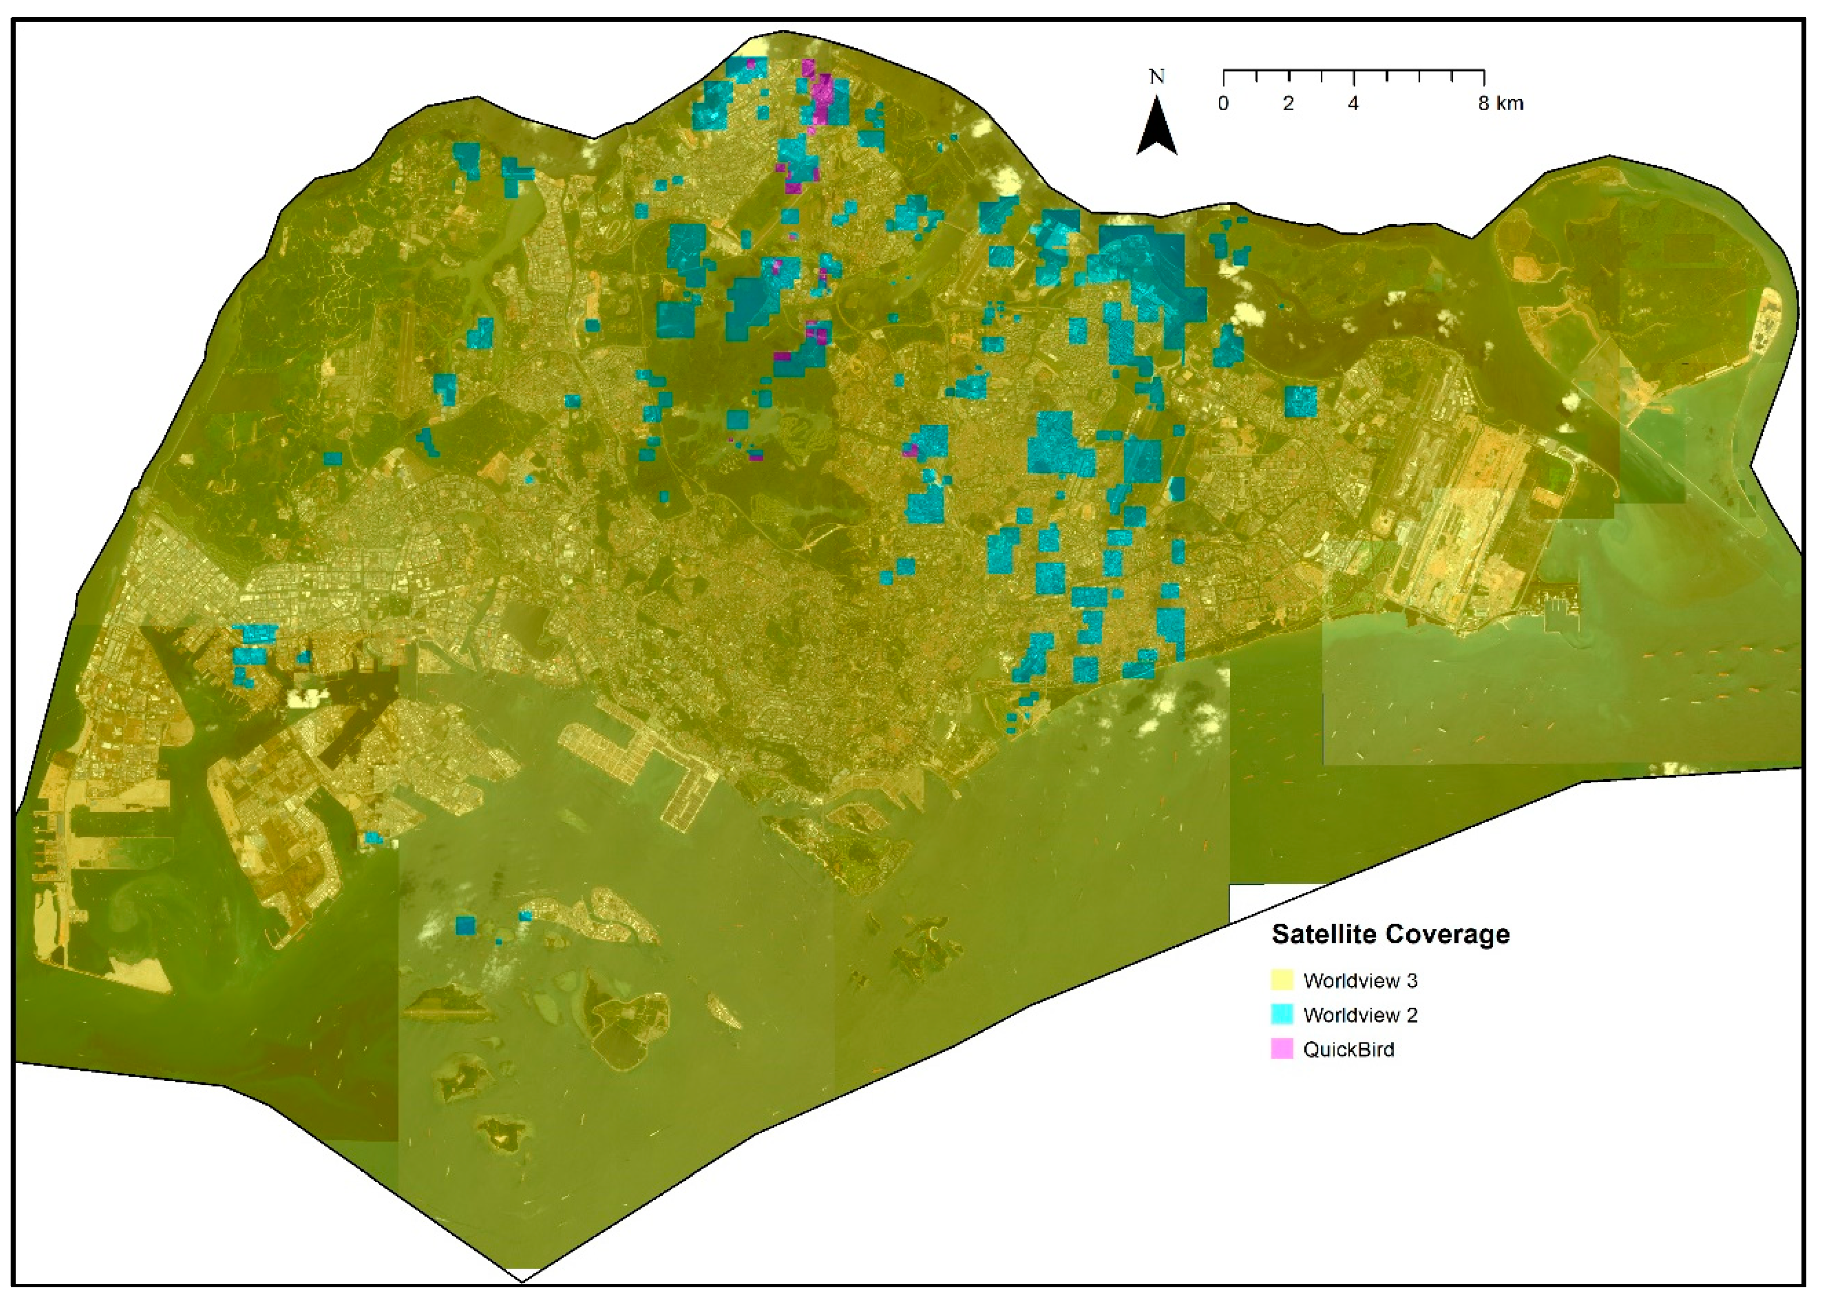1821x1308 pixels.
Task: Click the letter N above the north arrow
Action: tap(1156, 77)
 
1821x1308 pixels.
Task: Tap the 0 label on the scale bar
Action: tap(1223, 104)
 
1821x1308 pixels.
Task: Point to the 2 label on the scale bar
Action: tap(1288, 104)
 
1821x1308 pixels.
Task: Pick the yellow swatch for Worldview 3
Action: tap(1282, 980)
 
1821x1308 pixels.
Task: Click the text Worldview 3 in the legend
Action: tap(1360, 980)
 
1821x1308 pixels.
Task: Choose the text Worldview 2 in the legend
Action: tap(1360, 1015)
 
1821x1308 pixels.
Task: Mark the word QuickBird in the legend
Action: tap(1349, 1049)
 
